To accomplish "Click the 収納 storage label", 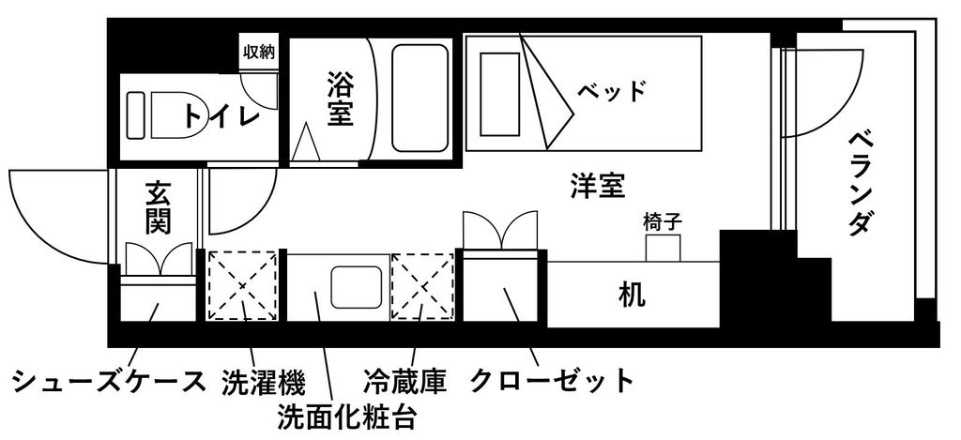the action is pos(259,53).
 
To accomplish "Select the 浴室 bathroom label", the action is pos(340,99).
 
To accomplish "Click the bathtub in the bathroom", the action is pos(419,99).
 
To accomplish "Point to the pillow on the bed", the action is pos(500,95).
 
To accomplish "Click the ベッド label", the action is pos(611,92).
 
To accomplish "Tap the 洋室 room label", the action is pos(597,185).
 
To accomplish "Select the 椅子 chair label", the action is pos(664,221).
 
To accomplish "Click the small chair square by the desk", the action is pos(664,249).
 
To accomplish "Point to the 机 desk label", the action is pos(632,296).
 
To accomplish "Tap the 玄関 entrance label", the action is pos(158,208).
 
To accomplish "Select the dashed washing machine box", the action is pos(243,285).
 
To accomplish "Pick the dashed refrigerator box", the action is pos(423,286).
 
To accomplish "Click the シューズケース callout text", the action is pos(109,382).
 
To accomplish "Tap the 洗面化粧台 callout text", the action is pos(347,417).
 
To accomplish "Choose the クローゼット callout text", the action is pos(551,381).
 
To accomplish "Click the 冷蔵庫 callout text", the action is pos(404,382).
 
